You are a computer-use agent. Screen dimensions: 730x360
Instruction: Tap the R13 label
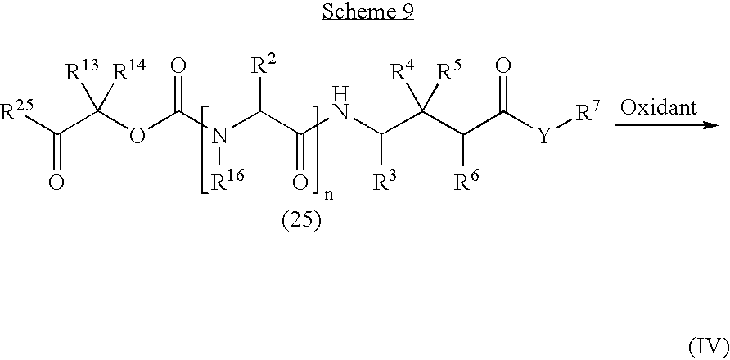click(79, 73)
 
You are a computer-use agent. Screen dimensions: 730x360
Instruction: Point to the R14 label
click(129, 73)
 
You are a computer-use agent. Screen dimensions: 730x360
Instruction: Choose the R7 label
click(588, 114)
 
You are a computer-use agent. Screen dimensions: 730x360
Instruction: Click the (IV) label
click(709, 347)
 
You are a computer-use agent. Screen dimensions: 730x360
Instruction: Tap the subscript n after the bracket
click(331, 195)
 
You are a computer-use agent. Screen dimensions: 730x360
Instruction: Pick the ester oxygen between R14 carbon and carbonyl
click(137, 136)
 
